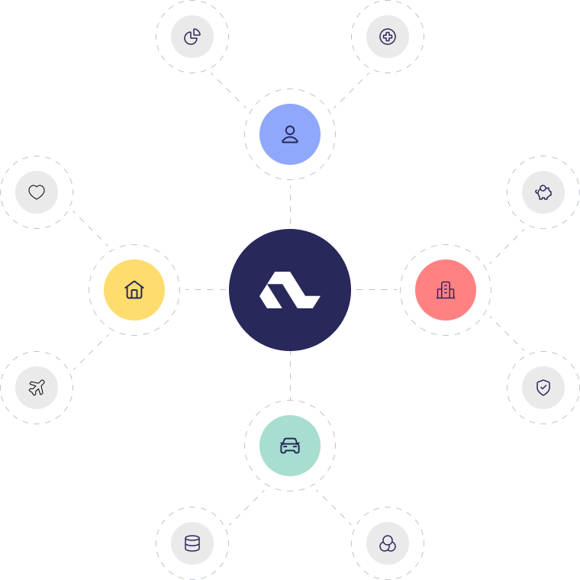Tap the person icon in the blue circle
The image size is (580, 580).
tap(290, 134)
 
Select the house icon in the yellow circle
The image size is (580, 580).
tap(134, 290)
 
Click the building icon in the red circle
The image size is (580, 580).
tap(446, 290)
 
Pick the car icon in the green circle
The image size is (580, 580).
tap(290, 446)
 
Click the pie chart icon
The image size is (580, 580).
tap(192, 37)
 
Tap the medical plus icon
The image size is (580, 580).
tap(388, 37)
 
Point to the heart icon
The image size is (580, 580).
tap(37, 192)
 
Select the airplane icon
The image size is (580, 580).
tap(37, 388)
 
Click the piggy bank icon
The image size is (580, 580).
tap(543, 192)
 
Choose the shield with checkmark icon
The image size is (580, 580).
tap(543, 388)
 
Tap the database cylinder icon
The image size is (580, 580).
tap(192, 543)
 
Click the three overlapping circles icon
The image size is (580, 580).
tap(388, 543)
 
